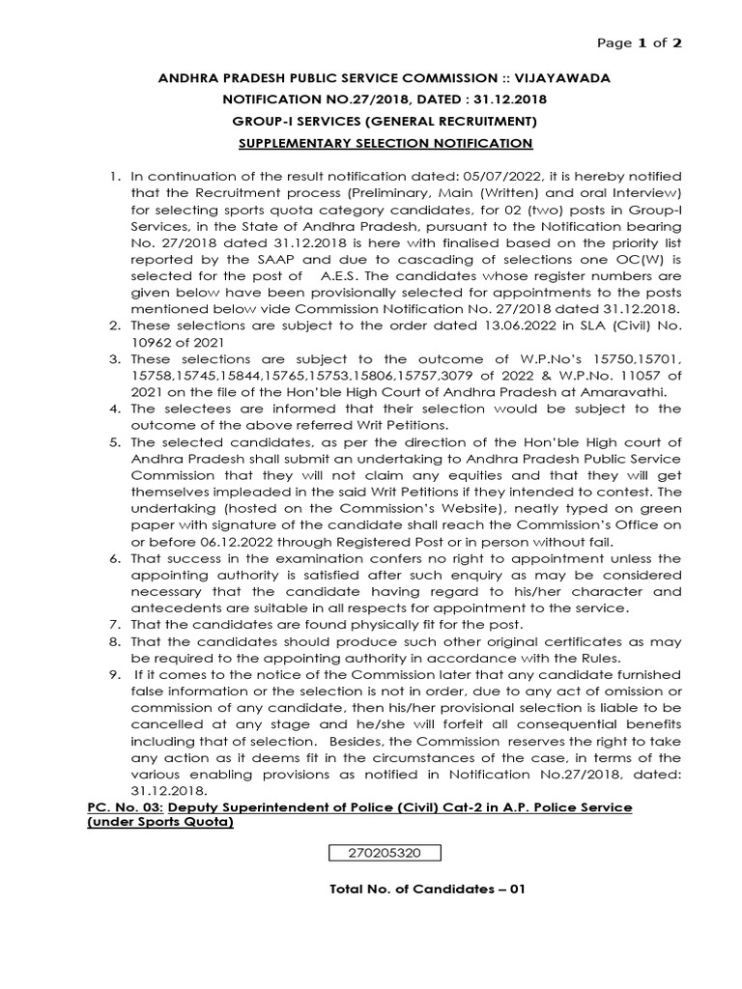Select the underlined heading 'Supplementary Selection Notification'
coord(385,143)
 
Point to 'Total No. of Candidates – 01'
coord(426,890)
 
